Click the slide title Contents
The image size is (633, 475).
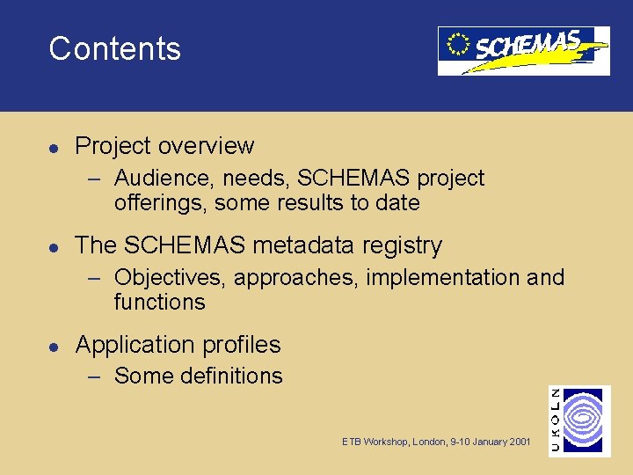[x=114, y=48]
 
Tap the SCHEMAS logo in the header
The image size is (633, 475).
[x=524, y=50]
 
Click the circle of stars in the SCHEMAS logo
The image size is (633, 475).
[x=457, y=44]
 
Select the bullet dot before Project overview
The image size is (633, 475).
[x=54, y=146]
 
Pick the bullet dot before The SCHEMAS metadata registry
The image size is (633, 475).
[x=54, y=245]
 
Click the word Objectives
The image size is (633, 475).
[x=171, y=278]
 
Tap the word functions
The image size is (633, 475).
[x=159, y=303]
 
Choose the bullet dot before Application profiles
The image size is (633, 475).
[x=54, y=345]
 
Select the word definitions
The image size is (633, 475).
[x=230, y=376]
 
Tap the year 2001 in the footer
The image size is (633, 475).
[x=520, y=442]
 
